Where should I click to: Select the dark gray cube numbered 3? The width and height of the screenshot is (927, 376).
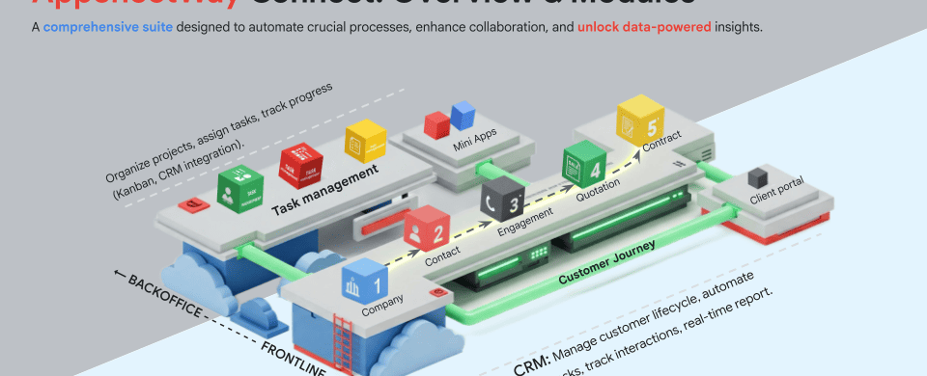(502, 198)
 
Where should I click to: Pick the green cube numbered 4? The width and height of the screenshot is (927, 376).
(584, 161)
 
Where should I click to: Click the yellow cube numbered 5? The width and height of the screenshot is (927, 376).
(639, 119)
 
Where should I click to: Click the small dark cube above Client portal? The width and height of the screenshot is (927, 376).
(759, 176)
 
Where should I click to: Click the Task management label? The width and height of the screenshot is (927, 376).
(323, 178)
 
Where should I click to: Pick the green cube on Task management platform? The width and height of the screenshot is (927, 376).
(239, 188)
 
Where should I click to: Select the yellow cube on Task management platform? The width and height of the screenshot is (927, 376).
(365, 140)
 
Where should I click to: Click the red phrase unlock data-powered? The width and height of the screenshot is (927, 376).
(644, 27)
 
